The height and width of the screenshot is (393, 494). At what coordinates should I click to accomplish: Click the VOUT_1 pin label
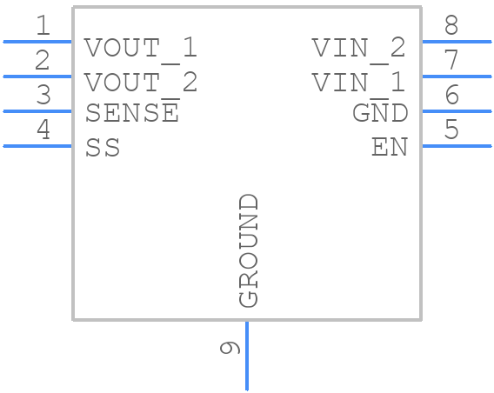(x=141, y=48)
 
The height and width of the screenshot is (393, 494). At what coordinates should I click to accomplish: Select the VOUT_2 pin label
(x=141, y=83)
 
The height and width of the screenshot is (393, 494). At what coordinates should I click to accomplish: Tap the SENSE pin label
(x=132, y=113)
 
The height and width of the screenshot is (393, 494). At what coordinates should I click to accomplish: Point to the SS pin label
(x=103, y=148)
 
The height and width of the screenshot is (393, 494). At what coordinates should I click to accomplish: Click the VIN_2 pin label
(x=358, y=48)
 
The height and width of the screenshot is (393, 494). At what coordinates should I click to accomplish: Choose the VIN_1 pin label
(x=358, y=83)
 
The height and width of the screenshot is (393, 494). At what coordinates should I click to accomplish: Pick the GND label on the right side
(x=380, y=113)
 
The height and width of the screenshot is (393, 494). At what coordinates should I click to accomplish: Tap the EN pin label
(x=389, y=148)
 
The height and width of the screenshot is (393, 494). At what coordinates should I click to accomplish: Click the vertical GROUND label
(x=249, y=250)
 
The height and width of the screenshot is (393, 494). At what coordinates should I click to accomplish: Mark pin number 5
(x=451, y=130)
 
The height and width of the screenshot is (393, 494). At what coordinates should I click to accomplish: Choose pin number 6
(x=451, y=96)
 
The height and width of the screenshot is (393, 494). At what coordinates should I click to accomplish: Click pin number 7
(x=451, y=61)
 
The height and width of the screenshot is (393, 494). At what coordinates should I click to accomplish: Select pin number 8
(x=451, y=26)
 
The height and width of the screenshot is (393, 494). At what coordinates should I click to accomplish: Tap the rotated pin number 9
(x=230, y=348)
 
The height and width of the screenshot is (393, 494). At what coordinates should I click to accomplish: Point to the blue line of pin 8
(x=457, y=41)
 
